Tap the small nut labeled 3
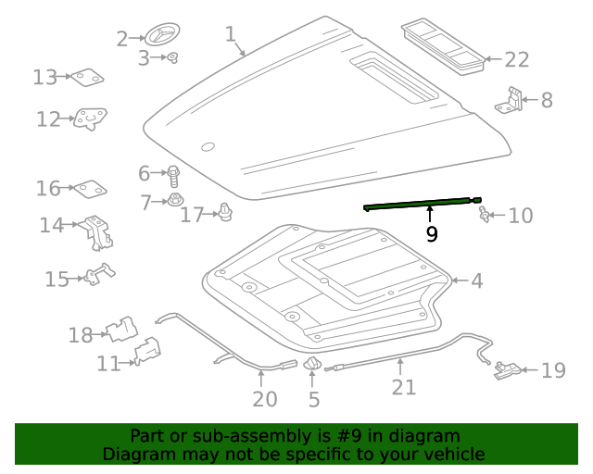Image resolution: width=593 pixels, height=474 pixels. click(172, 58)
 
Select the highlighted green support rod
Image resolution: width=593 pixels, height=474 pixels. click(423, 204)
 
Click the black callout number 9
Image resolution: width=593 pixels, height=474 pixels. click(432, 234)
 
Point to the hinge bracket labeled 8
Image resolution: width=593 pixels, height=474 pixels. click(509, 100)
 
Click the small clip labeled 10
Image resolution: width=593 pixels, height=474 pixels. click(483, 216)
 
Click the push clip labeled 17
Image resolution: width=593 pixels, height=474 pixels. click(223, 213)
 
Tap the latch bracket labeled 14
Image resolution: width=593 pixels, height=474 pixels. click(97, 231)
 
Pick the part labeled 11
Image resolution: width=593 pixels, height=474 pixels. click(147, 352)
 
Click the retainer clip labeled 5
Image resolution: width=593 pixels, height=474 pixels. click(313, 366)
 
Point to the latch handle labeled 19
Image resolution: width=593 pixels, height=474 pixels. click(508, 370)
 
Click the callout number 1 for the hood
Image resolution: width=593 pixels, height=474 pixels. click(231, 34)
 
